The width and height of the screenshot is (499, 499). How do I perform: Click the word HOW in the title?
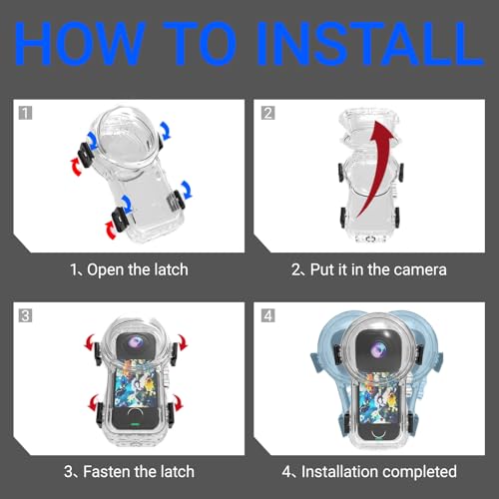[x=80, y=43]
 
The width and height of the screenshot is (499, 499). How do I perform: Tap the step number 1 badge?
[x=25, y=113]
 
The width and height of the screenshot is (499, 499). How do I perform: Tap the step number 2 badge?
[x=268, y=113]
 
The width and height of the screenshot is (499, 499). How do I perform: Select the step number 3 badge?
[x=25, y=315]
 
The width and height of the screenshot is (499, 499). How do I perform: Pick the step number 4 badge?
[x=268, y=315]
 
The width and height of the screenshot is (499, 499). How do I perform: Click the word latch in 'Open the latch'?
[x=171, y=269]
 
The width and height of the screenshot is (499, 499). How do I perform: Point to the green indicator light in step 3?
[x=135, y=424]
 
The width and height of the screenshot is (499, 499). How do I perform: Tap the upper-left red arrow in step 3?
[x=90, y=342]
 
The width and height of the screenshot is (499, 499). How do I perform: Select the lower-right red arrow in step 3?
[x=178, y=403]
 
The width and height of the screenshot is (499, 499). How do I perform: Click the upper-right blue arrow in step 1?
[x=166, y=131]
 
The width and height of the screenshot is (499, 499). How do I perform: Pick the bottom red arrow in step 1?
[x=111, y=230]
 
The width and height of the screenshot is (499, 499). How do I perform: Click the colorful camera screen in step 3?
[x=135, y=386]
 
